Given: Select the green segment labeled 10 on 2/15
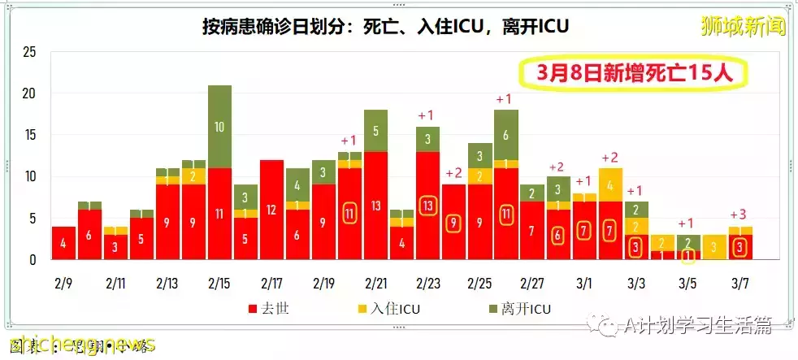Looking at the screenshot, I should click(219, 127).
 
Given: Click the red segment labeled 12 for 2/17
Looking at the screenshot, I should click(271, 210).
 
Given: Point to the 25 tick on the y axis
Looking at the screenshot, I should click(29, 53).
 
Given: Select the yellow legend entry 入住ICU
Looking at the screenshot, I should click(388, 310).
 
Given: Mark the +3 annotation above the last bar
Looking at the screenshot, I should click(739, 214).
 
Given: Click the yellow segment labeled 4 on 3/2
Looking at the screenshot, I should click(609, 184).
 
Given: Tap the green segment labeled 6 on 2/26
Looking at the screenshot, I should click(505, 135).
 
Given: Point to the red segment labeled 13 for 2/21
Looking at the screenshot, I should click(375, 206).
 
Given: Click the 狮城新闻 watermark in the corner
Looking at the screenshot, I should click(744, 26).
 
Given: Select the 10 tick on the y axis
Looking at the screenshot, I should click(29, 177).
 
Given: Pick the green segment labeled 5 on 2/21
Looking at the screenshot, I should click(375, 130).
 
